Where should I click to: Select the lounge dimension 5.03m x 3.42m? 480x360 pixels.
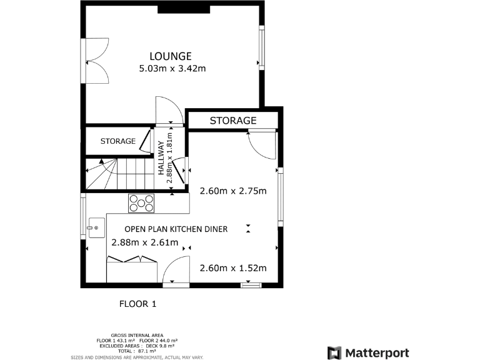pyautogui.click(x=172, y=68)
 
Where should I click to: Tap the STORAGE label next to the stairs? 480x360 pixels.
pyautogui.click(x=117, y=141)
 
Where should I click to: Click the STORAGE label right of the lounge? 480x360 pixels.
pyautogui.click(x=233, y=120)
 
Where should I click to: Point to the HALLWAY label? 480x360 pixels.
pyautogui.click(x=161, y=157)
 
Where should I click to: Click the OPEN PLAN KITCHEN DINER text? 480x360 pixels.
pyautogui.click(x=176, y=229)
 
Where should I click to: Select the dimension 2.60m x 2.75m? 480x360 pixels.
pyautogui.click(x=232, y=191)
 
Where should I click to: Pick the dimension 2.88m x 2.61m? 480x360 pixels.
pyautogui.click(x=144, y=242)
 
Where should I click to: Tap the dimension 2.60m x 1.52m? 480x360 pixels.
pyautogui.click(x=232, y=268)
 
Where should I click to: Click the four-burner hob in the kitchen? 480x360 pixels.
pyautogui.click(x=142, y=202)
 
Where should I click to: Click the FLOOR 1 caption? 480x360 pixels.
pyautogui.click(x=137, y=304)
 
